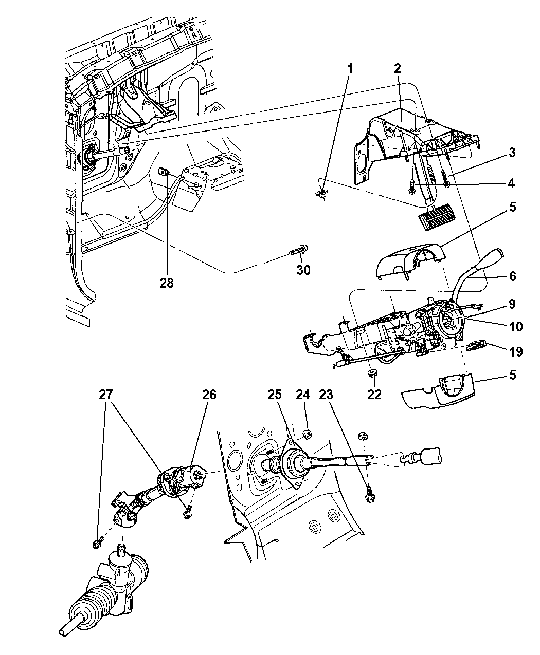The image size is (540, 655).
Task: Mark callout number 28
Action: [167, 282]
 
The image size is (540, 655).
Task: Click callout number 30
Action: [303, 269]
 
